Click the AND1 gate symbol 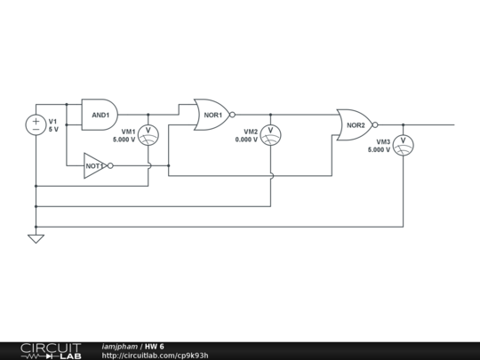pos(99,115)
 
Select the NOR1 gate pos(212,115)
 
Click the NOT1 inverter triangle pos(95,165)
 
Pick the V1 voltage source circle pos(36,125)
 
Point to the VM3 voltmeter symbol pos(403,143)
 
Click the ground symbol pos(36,237)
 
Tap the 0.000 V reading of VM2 pos(246,140)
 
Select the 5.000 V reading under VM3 pos(379,150)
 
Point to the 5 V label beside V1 pos(53,130)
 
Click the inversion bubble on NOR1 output pos(232,115)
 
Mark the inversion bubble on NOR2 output pos(375,125)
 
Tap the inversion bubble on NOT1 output pos(111,165)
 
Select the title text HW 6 pos(155,346)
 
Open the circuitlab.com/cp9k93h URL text pos(156,356)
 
